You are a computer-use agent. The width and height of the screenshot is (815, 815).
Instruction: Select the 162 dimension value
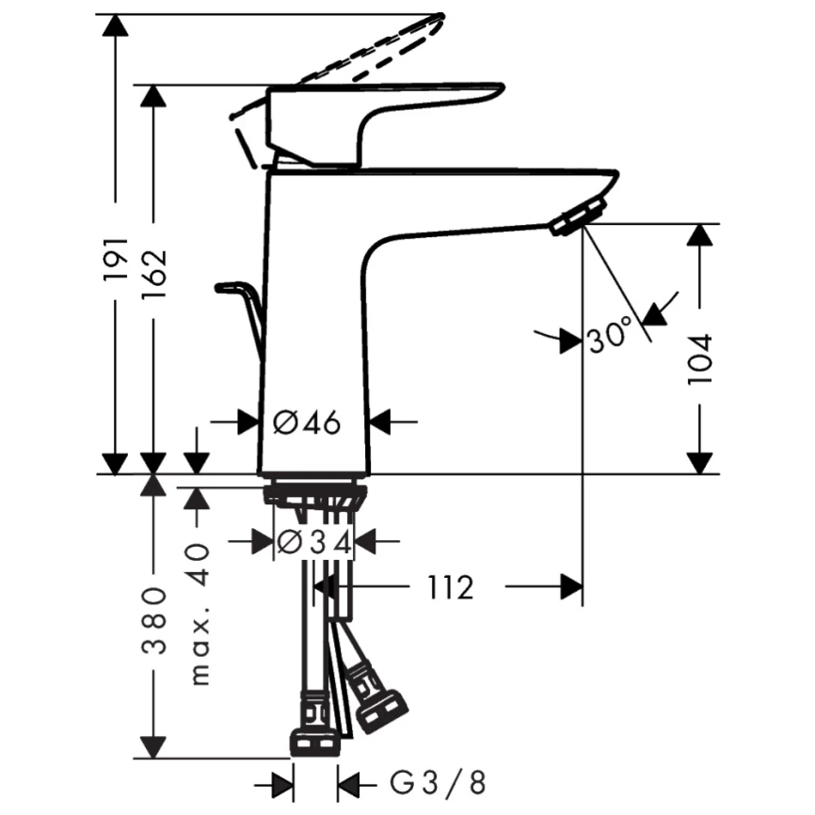tap(153, 274)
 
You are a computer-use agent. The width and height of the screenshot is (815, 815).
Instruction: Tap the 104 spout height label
tap(699, 359)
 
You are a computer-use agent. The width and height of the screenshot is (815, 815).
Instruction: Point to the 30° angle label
tap(609, 335)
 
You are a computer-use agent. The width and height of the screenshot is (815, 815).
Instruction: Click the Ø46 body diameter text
tap(306, 423)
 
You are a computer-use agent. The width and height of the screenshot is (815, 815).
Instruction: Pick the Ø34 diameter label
tap(313, 541)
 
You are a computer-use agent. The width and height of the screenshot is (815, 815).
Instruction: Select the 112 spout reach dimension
tap(447, 588)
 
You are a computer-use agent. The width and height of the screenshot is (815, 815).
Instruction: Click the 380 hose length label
tap(153, 620)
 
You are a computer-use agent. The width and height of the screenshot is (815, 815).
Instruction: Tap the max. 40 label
tap(198, 613)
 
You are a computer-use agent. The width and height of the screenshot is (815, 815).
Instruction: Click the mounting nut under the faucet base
tap(312, 496)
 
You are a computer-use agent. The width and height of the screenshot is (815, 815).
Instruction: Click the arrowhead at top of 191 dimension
tap(115, 24)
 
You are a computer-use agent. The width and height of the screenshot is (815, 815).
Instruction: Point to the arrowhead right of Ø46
tap(381, 423)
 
